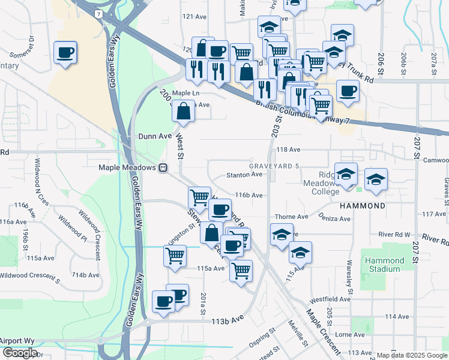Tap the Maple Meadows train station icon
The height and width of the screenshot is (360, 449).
point(163,168)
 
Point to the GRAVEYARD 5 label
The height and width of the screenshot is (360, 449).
point(274,166)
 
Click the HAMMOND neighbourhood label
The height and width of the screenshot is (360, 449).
point(362,206)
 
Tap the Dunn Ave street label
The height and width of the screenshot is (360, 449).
point(155,136)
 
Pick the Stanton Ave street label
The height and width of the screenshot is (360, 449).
point(244,175)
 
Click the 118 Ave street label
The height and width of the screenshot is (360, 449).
point(288,149)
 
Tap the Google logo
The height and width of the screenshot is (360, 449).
point(20,353)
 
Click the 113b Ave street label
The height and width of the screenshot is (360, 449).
point(228,321)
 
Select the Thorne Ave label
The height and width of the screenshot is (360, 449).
point(291,217)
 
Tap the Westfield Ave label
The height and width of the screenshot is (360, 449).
point(330,299)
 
